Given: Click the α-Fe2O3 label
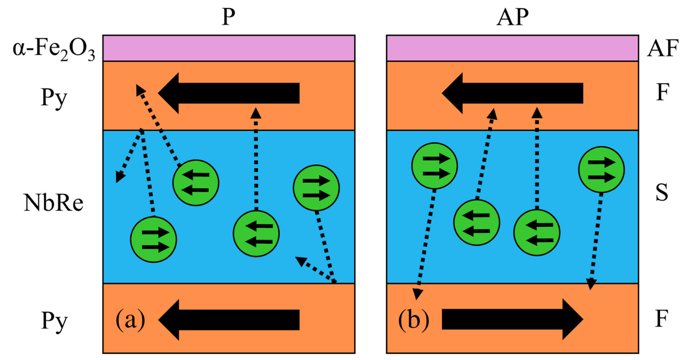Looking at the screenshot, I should [x=53, y=49].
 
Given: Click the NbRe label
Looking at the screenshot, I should [x=53, y=203].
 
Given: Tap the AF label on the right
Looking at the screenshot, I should [x=662, y=49].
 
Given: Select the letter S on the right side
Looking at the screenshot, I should [x=661, y=193].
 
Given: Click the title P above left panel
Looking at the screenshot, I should [x=228, y=17].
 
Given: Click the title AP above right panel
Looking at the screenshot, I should [x=512, y=17].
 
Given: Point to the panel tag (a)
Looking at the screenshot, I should [x=130, y=320].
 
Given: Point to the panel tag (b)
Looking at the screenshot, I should [x=414, y=320].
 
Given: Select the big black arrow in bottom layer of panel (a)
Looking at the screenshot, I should [x=229, y=320].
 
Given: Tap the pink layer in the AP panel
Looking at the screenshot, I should [x=512, y=48].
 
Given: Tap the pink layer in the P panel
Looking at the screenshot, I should [x=229, y=48].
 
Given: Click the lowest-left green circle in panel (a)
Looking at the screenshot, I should [x=153, y=240].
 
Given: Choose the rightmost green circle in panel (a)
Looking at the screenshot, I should [x=316, y=188].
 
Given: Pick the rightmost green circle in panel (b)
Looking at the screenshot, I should [x=601, y=170].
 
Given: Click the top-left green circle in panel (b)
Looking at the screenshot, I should [x=434, y=166].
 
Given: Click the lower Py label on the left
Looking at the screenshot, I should [x=54, y=321].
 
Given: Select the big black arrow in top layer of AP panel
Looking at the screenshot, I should [x=512, y=93].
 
